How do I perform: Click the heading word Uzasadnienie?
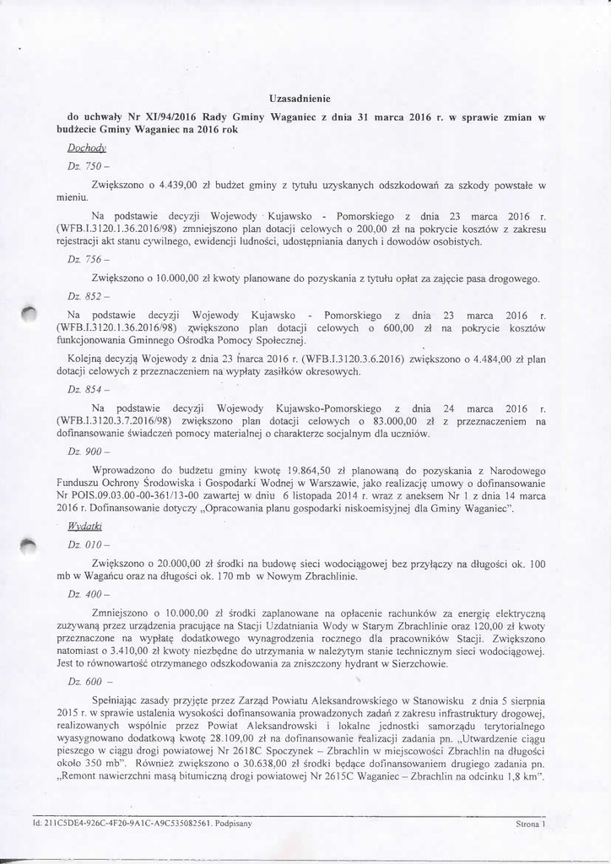click(305, 99)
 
